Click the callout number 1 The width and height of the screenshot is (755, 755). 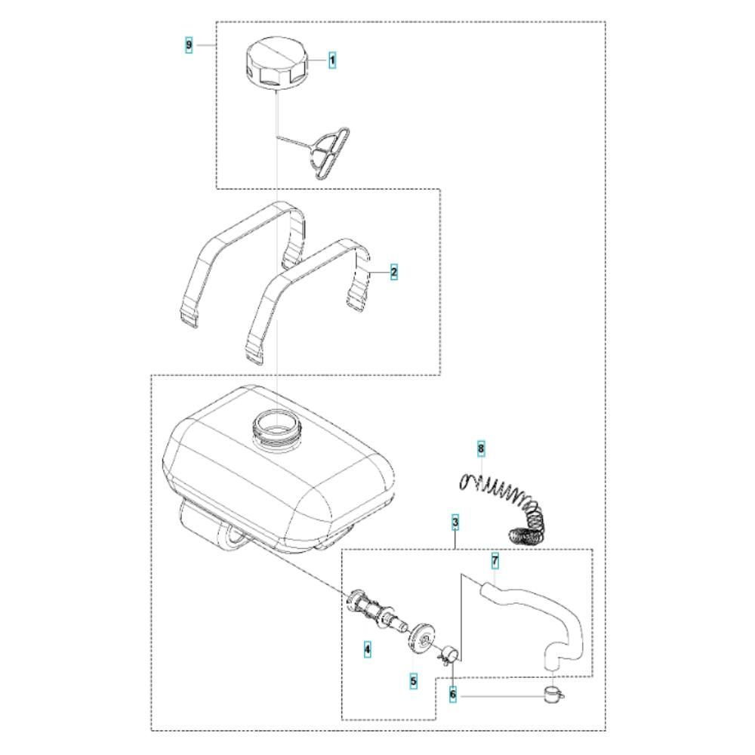pyautogui.click(x=331, y=60)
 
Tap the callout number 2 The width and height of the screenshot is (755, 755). pyautogui.click(x=394, y=272)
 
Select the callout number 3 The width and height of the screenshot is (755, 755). pyautogui.click(x=455, y=522)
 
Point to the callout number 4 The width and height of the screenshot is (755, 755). pyautogui.click(x=368, y=649)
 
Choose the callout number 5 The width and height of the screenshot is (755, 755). pyautogui.click(x=413, y=681)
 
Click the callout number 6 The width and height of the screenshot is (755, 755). pyautogui.click(x=452, y=695)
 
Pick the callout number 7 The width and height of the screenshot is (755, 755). pyautogui.click(x=495, y=561)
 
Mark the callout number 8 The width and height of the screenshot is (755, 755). pyautogui.click(x=480, y=448)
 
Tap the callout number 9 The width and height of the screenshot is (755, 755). pyautogui.click(x=189, y=45)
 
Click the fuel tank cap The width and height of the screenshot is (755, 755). pyautogui.click(x=276, y=64)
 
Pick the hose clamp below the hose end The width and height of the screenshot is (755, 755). pyautogui.click(x=554, y=695)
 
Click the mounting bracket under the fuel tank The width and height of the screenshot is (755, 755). pyautogui.click(x=214, y=527)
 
